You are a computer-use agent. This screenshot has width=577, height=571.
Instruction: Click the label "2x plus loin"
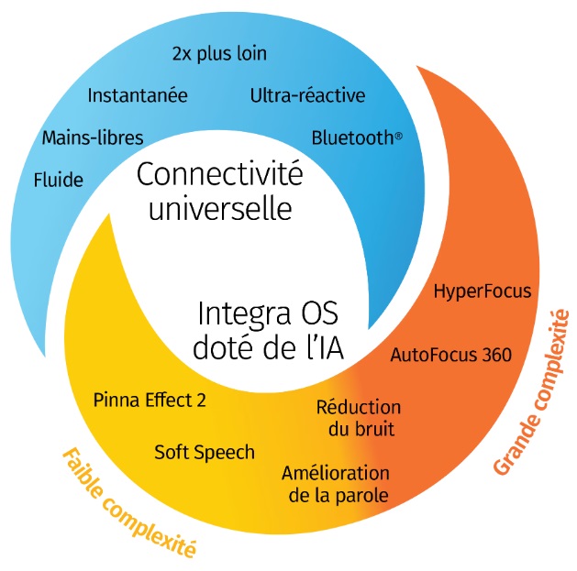click(219, 53)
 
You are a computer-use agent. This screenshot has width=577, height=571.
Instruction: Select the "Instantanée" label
click(138, 95)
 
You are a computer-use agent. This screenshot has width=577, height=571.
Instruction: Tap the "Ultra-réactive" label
click(307, 95)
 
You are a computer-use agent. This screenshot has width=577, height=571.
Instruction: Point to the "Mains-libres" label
click(93, 138)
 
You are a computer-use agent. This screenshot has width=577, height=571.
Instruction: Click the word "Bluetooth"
click(352, 138)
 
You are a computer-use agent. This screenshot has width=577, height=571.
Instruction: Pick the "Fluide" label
click(58, 180)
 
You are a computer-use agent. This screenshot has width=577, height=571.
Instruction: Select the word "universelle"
click(220, 209)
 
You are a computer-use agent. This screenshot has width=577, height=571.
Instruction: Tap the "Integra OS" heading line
click(268, 313)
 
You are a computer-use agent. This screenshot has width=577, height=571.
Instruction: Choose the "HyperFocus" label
click(482, 292)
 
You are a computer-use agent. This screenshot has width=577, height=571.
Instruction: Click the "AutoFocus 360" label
click(450, 355)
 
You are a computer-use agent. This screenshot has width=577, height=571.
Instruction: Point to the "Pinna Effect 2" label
click(150, 400)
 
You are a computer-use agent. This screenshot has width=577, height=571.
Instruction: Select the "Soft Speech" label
click(205, 451)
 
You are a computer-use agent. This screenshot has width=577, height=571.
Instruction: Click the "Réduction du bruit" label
click(358, 417)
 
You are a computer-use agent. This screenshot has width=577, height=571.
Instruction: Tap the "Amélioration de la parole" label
click(335, 484)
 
